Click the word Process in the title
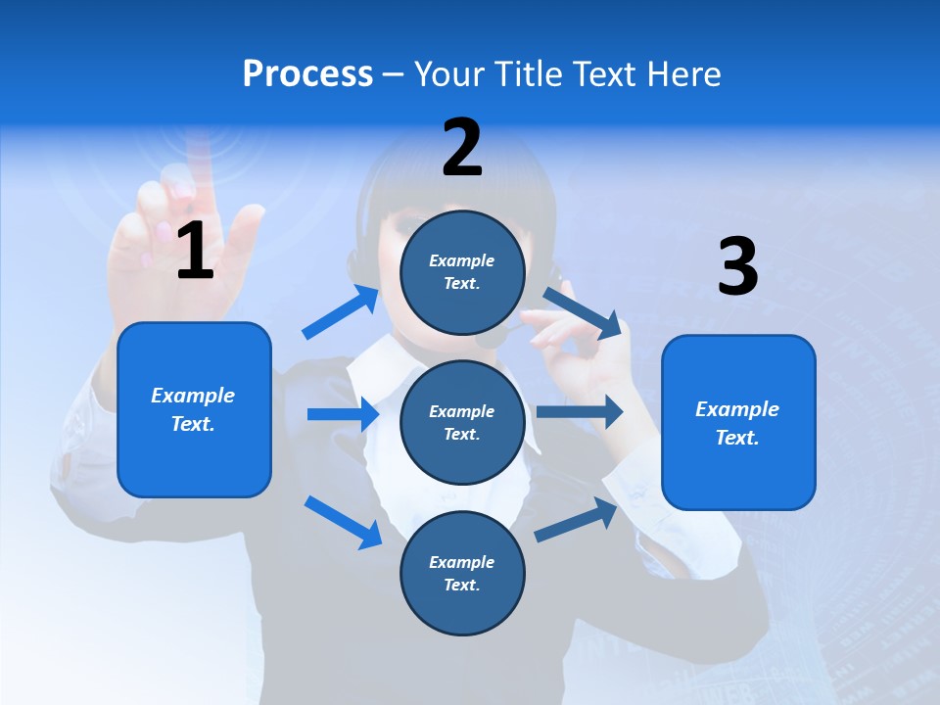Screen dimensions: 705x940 [307, 74]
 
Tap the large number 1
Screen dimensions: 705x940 [195, 252]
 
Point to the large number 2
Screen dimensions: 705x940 [462, 148]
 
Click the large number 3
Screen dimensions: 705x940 [737, 266]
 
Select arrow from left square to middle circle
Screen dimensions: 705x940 [343, 414]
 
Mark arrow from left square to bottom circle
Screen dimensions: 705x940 [343, 521]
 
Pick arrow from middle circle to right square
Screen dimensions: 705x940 [580, 412]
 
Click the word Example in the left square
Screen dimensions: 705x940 [193, 396]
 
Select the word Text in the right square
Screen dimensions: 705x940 [734, 438]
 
